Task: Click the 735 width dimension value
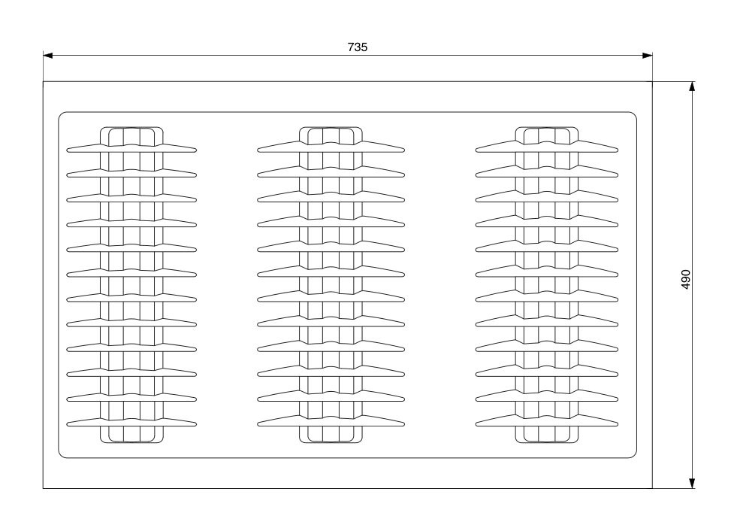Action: click(x=357, y=47)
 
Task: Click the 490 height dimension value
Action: click(x=686, y=279)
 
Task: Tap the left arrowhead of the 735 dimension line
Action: click(x=47, y=56)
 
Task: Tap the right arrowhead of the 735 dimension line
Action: click(x=648, y=56)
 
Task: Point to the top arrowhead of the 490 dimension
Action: click(x=691, y=86)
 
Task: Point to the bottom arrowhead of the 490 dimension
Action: click(x=691, y=484)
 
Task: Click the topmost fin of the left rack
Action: click(x=131, y=148)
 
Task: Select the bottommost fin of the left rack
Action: click(x=131, y=422)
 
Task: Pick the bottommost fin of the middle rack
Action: click(x=331, y=421)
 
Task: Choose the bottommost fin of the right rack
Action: click(x=547, y=421)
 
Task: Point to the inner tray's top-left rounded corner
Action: click(x=61, y=114)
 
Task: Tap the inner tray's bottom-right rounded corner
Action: click(x=635, y=455)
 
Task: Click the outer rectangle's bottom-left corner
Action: click(x=44, y=488)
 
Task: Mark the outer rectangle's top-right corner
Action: click(x=652, y=81)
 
